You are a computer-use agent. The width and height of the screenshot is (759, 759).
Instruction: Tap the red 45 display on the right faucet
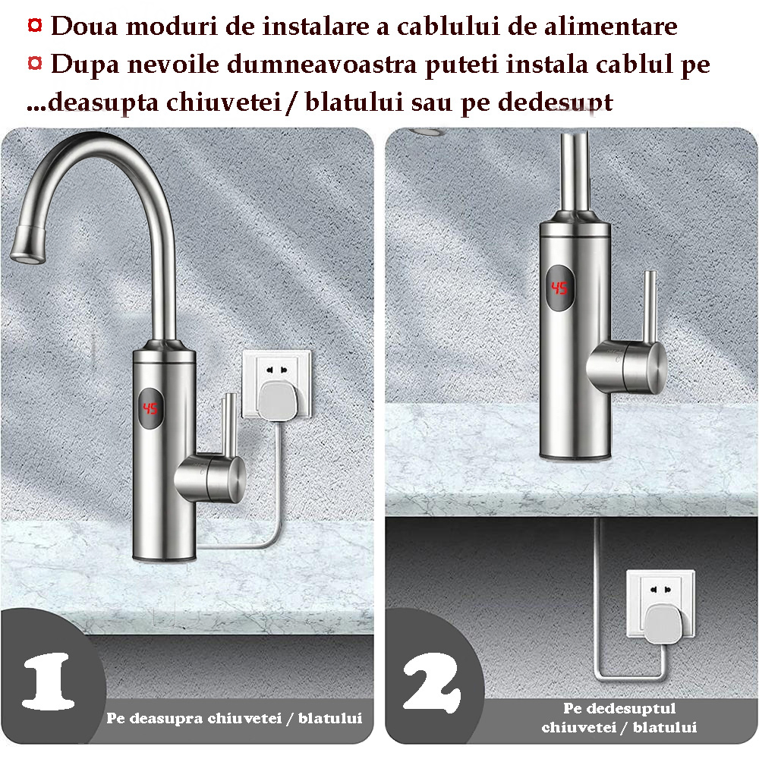pos(559,288)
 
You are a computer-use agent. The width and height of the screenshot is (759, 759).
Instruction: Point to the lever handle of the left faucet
pos(225,425)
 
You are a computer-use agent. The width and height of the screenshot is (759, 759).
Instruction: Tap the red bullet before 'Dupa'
pos(35,63)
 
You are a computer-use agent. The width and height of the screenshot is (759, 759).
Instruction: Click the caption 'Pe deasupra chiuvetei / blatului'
pos(234,718)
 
